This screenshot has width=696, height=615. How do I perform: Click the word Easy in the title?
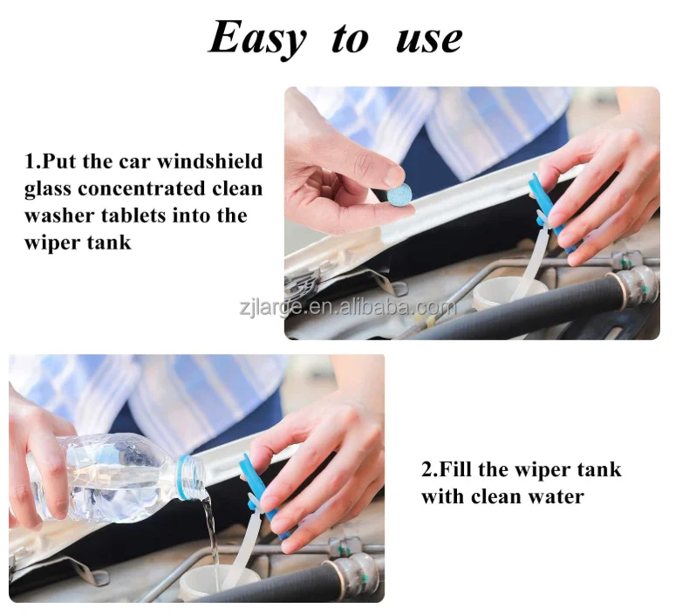257,38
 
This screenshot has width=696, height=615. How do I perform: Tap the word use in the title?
429,38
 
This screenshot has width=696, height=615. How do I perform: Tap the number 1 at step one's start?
29,162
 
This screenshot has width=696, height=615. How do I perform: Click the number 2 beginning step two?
427,470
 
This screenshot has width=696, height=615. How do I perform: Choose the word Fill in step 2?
457,470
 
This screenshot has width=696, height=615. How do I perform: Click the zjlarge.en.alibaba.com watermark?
347,307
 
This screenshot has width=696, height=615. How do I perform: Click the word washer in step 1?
58,215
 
